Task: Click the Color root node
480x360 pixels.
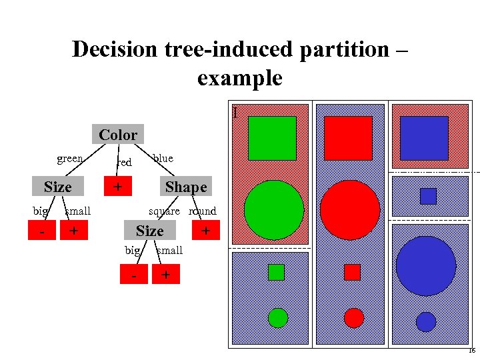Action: [x=118, y=135]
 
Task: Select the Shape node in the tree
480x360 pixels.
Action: [x=186, y=187]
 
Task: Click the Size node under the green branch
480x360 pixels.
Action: [x=57, y=187]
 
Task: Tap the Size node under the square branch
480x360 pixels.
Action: [x=149, y=231]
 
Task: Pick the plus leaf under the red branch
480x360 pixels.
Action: [x=117, y=186]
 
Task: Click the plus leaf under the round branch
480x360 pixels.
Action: [x=206, y=231]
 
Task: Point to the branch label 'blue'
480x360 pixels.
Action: [x=163, y=159]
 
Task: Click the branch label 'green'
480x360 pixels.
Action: [x=70, y=159]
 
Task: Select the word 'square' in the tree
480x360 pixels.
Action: [x=164, y=211]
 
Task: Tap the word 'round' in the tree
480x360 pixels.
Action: [x=203, y=211]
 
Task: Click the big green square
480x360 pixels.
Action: [x=272, y=139]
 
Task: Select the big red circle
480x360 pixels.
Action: [x=350, y=210]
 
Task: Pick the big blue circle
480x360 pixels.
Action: [x=425, y=265]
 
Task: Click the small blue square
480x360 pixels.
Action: [x=428, y=196]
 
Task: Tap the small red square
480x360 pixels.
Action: [x=352, y=272]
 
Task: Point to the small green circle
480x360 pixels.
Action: [x=278, y=318]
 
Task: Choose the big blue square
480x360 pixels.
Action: [x=424, y=138]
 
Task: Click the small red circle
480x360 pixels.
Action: [x=354, y=318]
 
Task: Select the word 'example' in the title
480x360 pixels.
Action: [x=240, y=79]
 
